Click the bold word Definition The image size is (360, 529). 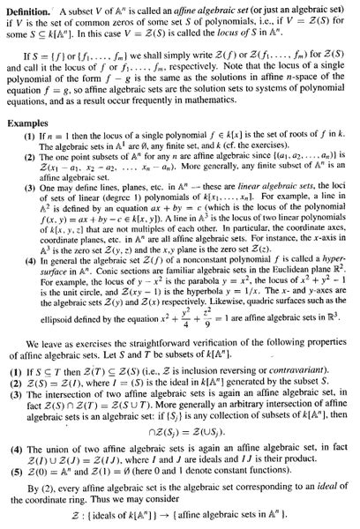point(28,11)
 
